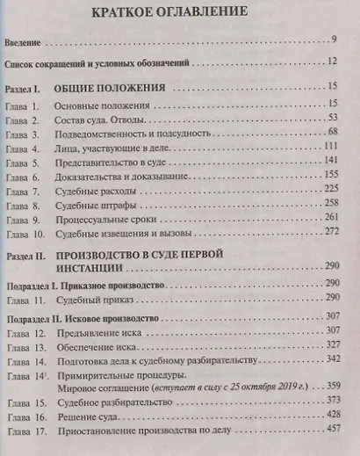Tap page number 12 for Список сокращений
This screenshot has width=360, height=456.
[342, 63]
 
